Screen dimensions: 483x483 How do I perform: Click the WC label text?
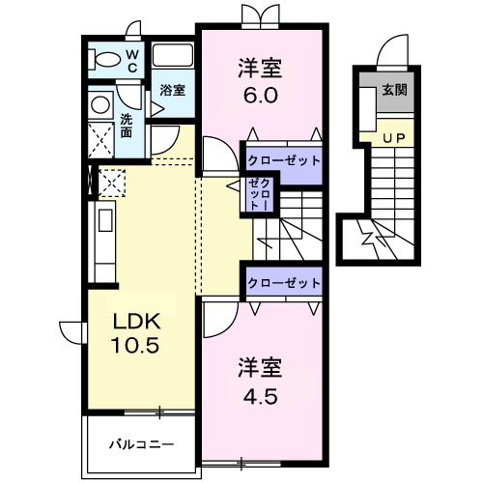tap(133, 61)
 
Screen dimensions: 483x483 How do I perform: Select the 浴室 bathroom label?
tap(174, 93)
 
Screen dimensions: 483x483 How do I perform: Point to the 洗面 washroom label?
tap(128, 126)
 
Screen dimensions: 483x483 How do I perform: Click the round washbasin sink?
tap(100, 103)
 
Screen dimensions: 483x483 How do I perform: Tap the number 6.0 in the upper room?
tap(259, 95)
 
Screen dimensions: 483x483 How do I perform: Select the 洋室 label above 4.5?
tap(259, 368)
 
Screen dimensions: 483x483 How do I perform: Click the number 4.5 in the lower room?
tap(259, 394)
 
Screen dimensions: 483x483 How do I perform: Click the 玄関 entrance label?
tap(394, 92)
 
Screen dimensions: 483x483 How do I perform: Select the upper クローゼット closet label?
tap(283, 159)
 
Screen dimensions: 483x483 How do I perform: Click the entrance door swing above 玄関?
tap(394, 51)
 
